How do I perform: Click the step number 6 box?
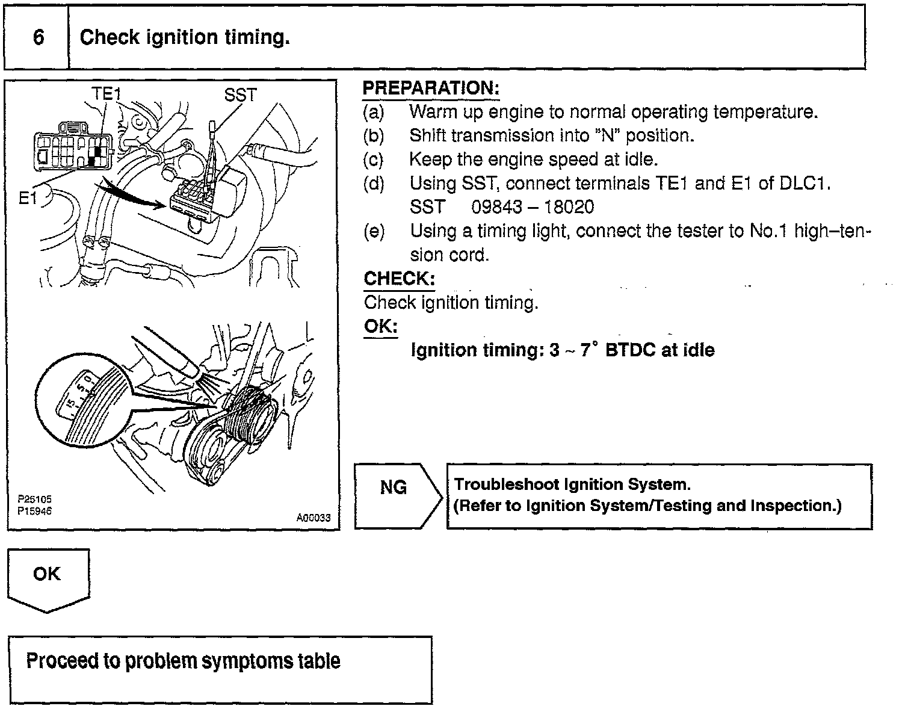[37, 38]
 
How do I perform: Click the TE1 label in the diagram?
[107, 93]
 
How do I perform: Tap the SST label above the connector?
[240, 95]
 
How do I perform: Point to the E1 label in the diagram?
[28, 197]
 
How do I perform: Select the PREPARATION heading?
[431, 88]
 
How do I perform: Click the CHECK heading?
[399, 279]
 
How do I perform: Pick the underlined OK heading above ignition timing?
[380, 326]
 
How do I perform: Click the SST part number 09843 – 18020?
[533, 207]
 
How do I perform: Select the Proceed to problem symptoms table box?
[220, 669]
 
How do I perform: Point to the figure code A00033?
[313, 518]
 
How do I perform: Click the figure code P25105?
[34, 499]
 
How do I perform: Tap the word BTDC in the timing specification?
[630, 350]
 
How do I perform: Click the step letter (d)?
[374, 184]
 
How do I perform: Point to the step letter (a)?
[374, 112]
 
